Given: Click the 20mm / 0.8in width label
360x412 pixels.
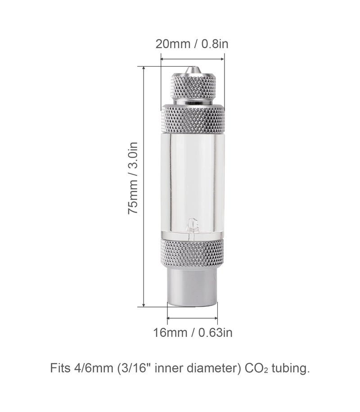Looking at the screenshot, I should click(193, 44).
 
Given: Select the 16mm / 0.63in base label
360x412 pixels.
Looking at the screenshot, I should click(193, 333).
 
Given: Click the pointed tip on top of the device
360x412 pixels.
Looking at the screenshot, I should click(193, 69).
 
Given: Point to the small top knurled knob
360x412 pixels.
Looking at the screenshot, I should click(193, 87).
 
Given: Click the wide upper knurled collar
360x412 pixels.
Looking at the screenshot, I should click(193, 119).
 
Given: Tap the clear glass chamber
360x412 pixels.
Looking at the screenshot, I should click(193, 180).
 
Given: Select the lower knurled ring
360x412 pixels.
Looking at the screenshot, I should click(193, 254).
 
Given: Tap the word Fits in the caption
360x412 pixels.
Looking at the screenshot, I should click(60, 369).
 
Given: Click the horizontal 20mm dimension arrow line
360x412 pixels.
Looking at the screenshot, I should click(193, 58).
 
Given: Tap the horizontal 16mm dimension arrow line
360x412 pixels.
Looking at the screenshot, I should click(193, 318).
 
